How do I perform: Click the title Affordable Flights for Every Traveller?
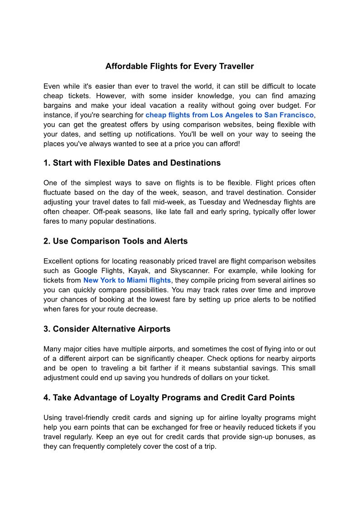(179, 67)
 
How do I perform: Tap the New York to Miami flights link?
(127, 280)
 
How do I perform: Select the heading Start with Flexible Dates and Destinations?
(132, 163)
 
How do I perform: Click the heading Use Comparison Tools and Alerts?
(115, 241)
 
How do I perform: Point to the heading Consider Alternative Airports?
(107, 329)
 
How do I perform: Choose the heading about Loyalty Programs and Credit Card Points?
(169, 398)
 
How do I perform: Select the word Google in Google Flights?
(85, 271)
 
